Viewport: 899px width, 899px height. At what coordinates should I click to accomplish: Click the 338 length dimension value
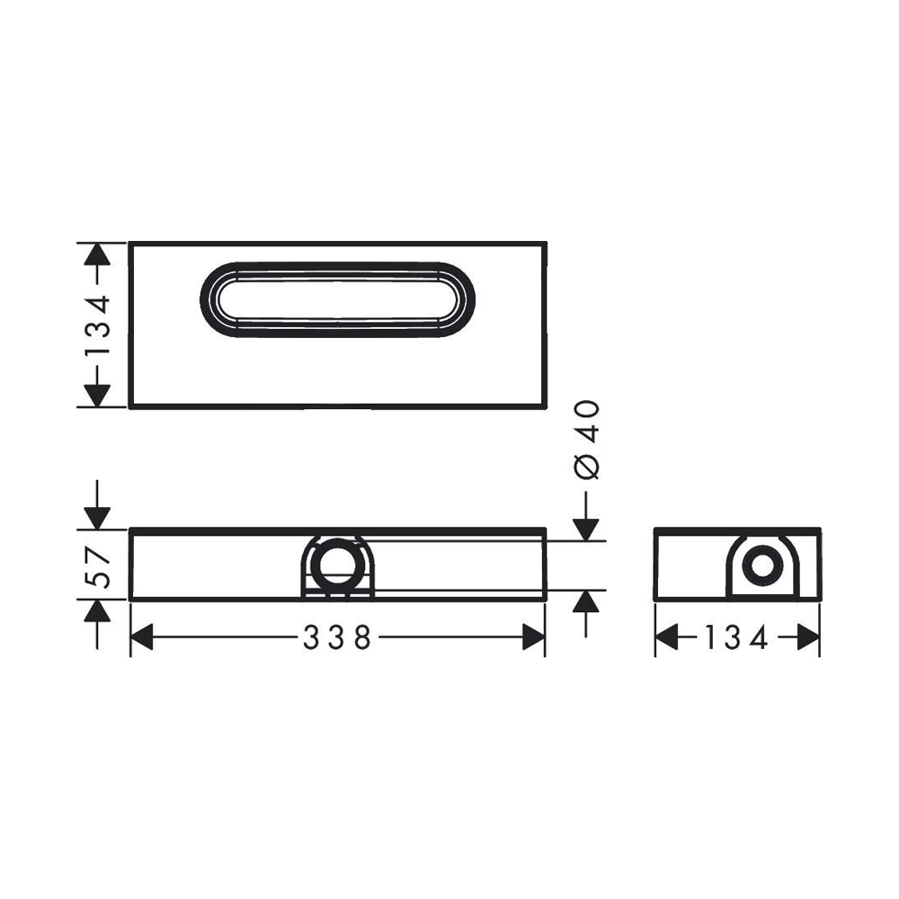point(337,637)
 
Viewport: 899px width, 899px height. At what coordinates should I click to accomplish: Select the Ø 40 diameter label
point(586,440)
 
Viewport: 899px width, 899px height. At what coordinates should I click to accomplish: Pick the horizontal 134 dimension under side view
point(736,637)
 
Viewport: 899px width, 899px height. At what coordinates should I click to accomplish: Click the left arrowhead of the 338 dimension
point(142,637)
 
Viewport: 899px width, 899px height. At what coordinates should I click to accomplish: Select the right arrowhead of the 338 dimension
point(533,637)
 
